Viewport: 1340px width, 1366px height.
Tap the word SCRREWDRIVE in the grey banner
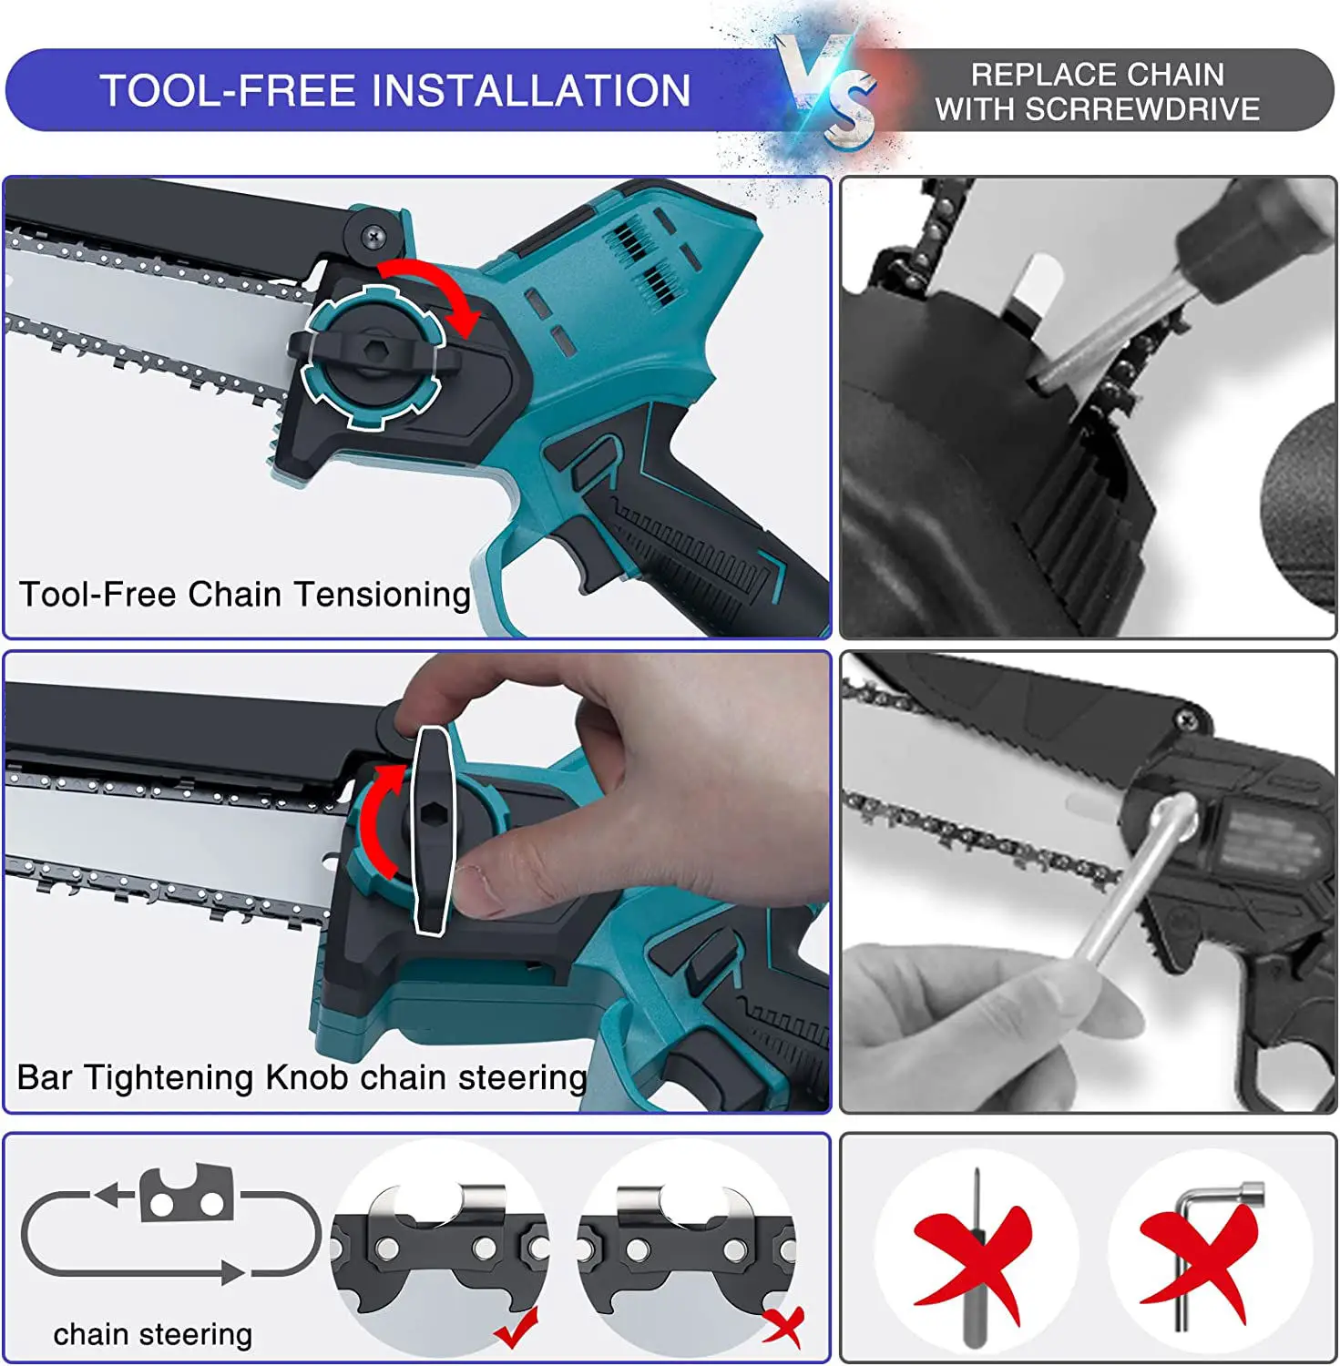point(1143,109)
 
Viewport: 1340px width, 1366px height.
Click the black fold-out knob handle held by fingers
point(430,829)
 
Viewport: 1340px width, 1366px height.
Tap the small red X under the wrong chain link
point(783,1325)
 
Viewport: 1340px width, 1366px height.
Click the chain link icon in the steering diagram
point(186,1195)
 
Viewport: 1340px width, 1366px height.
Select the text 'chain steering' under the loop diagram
point(152,1334)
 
